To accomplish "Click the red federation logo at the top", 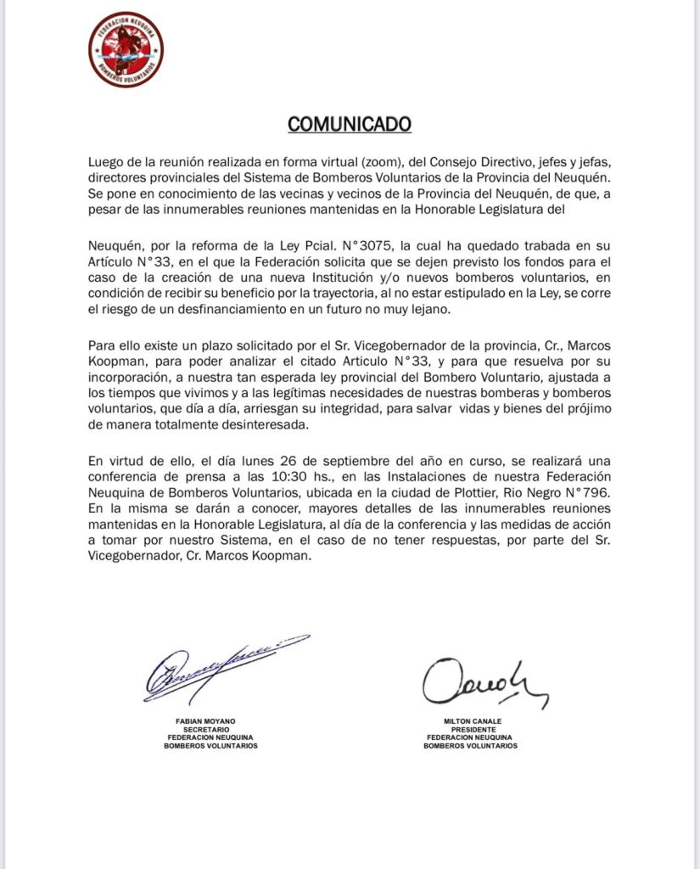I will coord(126,49).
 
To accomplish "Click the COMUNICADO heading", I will coord(350,124).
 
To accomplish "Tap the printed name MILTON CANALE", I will coord(471,720).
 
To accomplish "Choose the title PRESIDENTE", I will coord(471,728).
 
